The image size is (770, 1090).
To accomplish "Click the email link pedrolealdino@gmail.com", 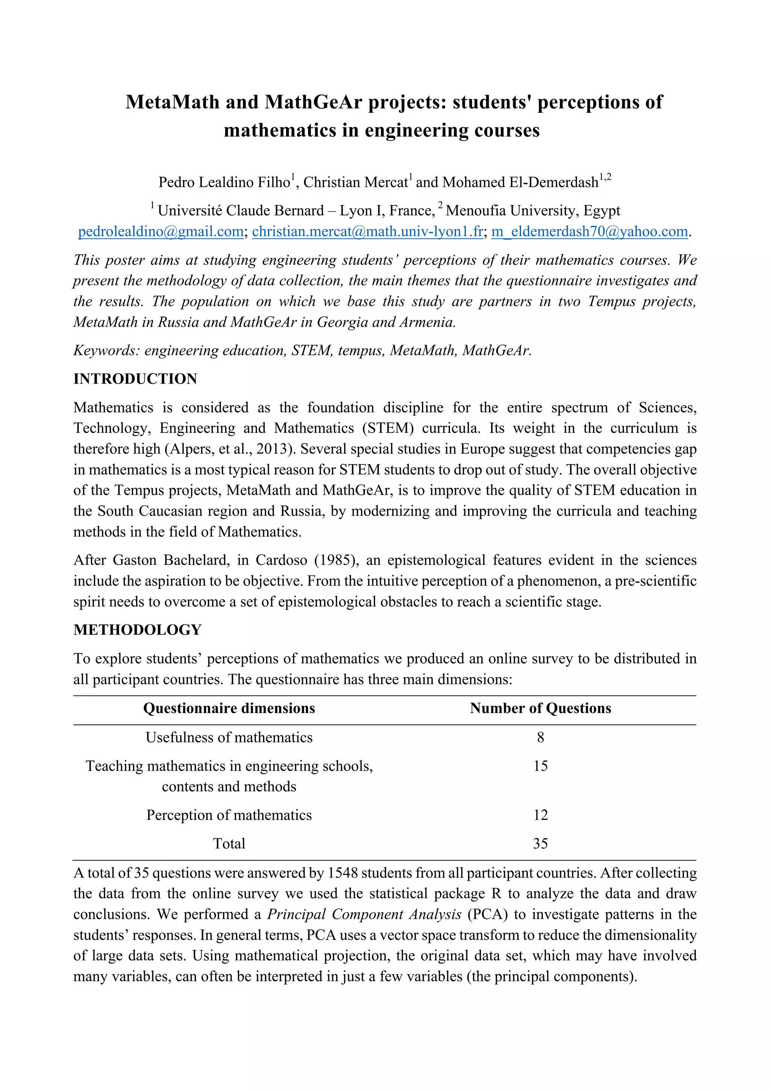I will click(x=161, y=231).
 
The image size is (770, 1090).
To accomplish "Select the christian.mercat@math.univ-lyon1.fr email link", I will click(x=367, y=231).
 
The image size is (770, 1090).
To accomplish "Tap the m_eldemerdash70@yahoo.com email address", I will click(x=589, y=231).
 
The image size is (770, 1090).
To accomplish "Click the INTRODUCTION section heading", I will click(x=135, y=379).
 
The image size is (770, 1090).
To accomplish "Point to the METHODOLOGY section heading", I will click(x=138, y=630).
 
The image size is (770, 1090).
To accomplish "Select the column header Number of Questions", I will click(x=540, y=708).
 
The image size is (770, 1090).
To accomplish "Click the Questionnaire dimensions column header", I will click(x=229, y=708).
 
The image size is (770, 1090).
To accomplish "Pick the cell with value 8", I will click(x=540, y=737).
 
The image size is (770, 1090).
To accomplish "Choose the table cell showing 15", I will click(x=540, y=766).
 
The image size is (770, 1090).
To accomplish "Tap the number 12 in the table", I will click(x=540, y=815).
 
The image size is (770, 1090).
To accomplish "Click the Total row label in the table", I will click(x=229, y=844).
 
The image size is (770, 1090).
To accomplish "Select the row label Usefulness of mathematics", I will click(x=229, y=737).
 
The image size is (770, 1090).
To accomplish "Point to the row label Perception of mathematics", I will click(x=229, y=815).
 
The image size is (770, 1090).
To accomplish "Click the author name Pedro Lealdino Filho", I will click(x=224, y=182).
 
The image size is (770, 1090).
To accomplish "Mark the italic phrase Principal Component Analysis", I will click(x=364, y=914).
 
